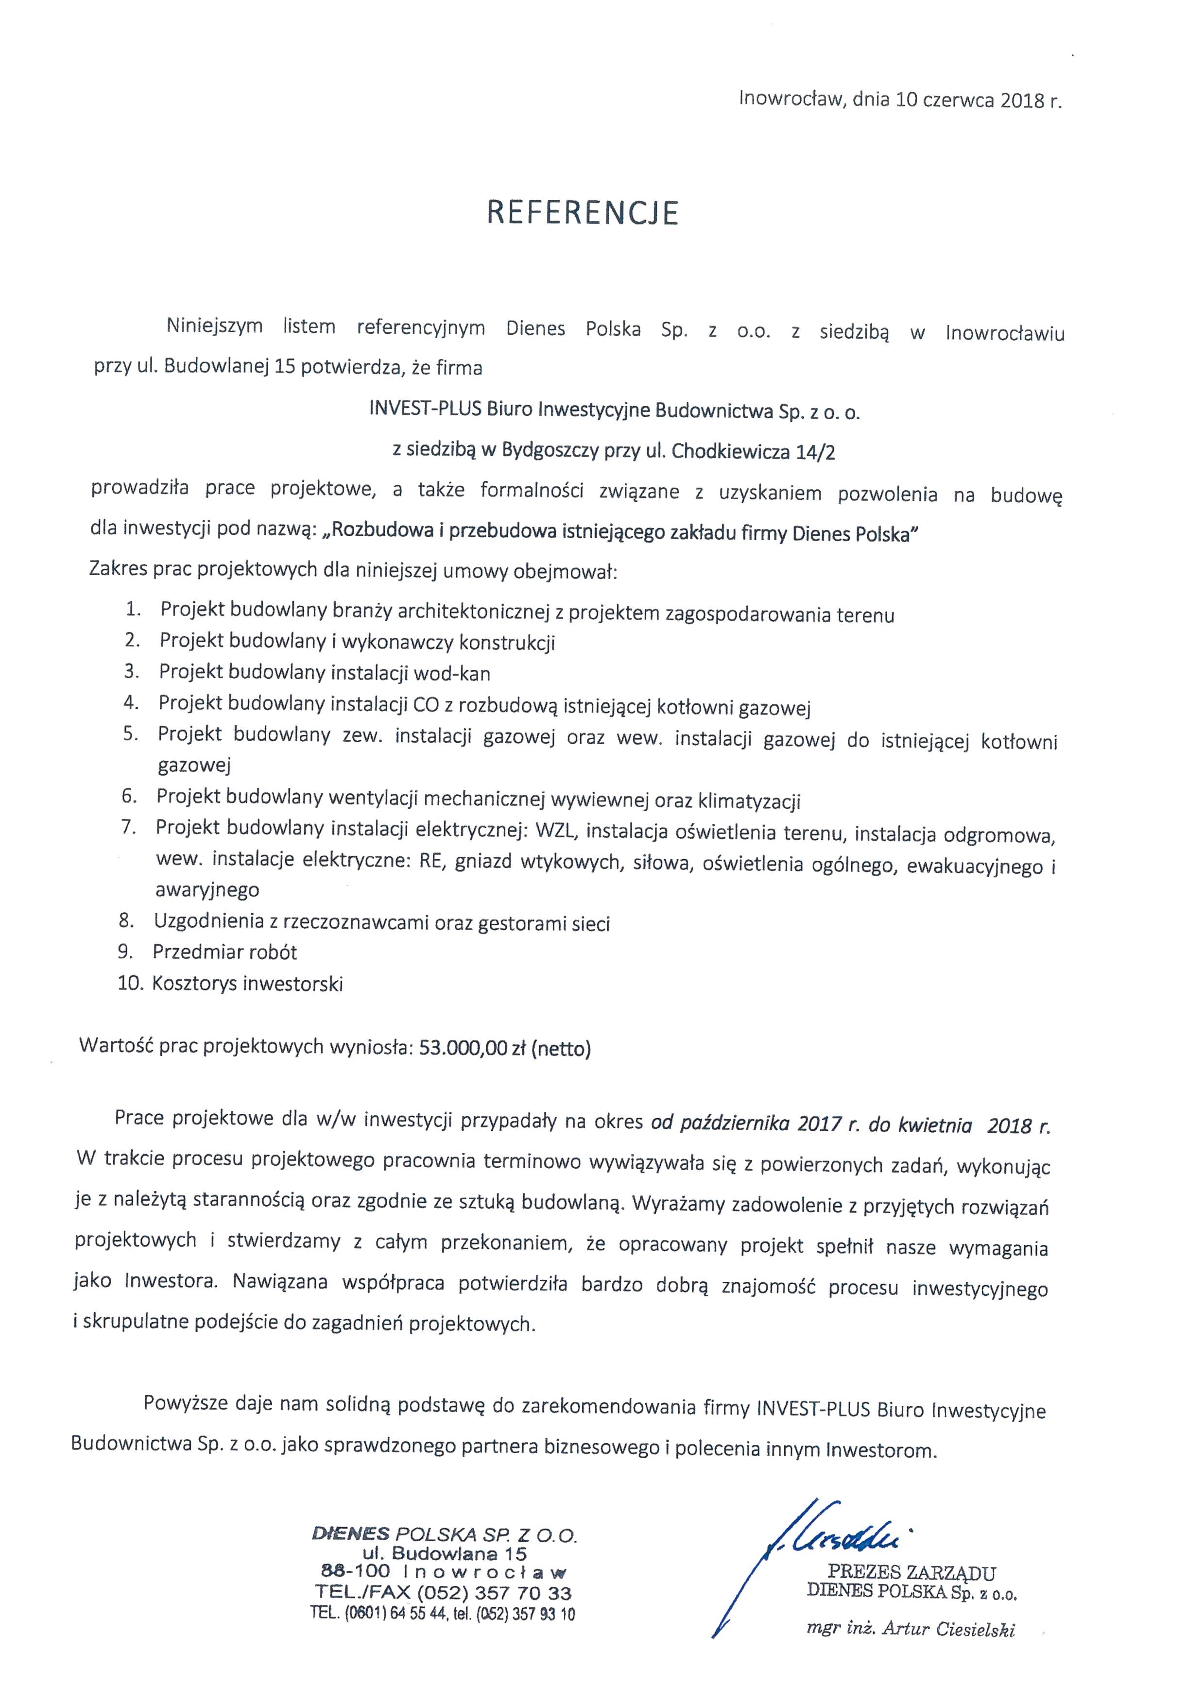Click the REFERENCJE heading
pyautogui.click(x=582, y=213)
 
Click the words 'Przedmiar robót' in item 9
pyautogui.click(x=224, y=952)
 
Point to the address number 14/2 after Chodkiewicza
pyautogui.click(x=815, y=452)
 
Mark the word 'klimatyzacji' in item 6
pyautogui.click(x=749, y=800)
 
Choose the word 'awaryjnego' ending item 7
pyautogui.click(x=207, y=889)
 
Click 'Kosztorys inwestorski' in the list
pyautogui.click(x=248, y=984)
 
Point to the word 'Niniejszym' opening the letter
pyautogui.click(x=214, y=326)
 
